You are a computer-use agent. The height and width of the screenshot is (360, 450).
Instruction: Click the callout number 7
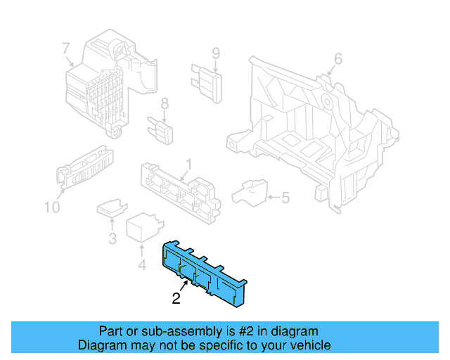click(x=65, y=49)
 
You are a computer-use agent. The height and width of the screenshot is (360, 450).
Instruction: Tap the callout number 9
click(x=216, y=53)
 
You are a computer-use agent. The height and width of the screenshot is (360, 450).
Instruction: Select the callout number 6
click(x=337, y=59)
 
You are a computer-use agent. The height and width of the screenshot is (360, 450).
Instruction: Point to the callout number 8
click(x=165, y=103)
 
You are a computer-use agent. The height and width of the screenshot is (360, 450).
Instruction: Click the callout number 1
click(x=188, y=166)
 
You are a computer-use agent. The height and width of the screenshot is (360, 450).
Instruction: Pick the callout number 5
click(x=285, y=198)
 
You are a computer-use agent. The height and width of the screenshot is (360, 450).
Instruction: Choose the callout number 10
click(x=51, y=207)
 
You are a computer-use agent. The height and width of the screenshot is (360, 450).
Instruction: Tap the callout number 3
click(x=112, y=239)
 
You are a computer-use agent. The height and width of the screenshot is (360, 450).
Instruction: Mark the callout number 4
click(x=141, y=265)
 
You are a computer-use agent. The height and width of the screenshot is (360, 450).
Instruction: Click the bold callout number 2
click(x=176, y=299)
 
